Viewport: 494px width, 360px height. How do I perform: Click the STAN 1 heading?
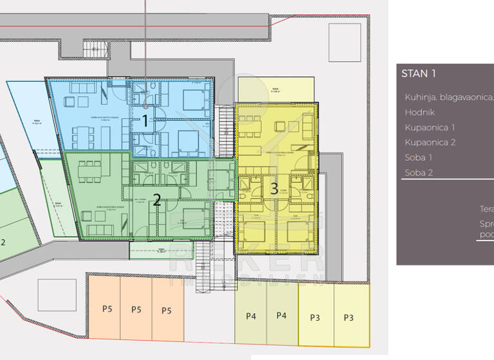coord(419,73)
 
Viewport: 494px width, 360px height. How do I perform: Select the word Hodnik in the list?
coord(419,112)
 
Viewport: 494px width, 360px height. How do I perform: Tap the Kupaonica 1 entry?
coord(430,127)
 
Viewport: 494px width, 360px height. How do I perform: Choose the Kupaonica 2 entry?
coord(430,142)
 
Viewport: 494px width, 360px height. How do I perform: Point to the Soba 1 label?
coord(419,157)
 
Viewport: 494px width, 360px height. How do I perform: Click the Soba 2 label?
coord(419,172)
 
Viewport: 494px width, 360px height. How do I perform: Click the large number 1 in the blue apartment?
coord(145,120)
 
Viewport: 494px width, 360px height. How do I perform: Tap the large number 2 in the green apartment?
coord(156,200)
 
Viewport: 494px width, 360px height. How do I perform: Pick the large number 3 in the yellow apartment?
coord(274,189)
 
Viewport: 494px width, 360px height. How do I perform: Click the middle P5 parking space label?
coord(136,310)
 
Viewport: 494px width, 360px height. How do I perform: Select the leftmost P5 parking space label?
coord(106,310)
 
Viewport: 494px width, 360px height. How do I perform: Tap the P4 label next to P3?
coord(282,316)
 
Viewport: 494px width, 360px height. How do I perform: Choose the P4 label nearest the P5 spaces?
coord(251,316)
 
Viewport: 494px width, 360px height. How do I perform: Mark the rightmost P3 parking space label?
coord(349,318)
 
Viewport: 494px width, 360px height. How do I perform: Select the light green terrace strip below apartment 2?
coord(152,249)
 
